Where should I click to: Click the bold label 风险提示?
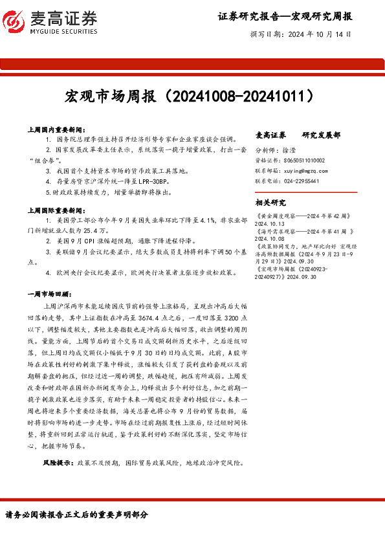[x=58, y=463]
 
